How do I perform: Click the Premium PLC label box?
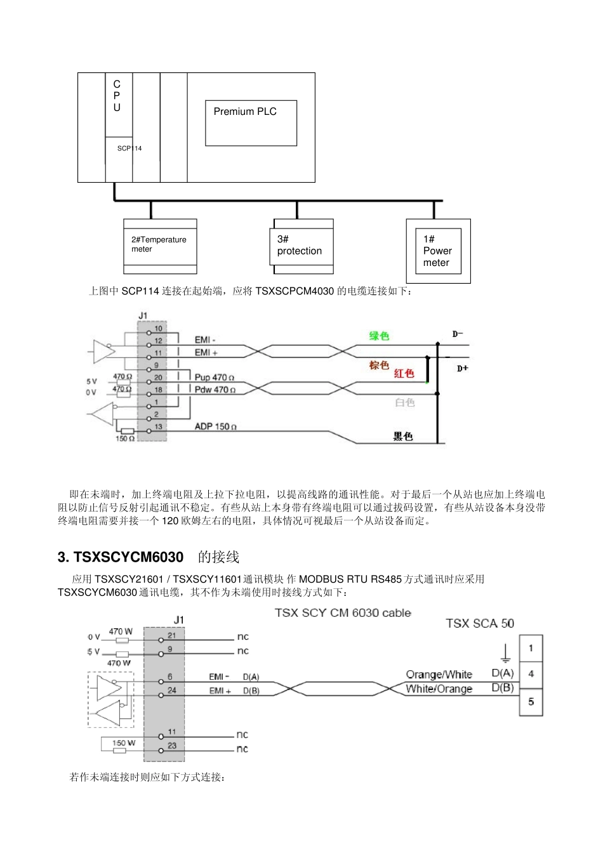pyautogui.click(x=251, y=122)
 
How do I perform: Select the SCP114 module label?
pyautogui.click(x=129, y=149)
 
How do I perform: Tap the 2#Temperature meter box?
pyautogui.click(x=160, y=246)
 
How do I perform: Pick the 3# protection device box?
pyautogui.click(x=303, y=246)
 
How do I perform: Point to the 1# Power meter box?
pyautogui.click(x=438, y=251)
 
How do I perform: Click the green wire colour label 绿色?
pyautogui.click(x=379, y=336)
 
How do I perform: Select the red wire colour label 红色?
pyautogui.click(x=404, y=373)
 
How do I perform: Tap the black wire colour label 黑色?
pyautogui.click(x=403, y=436)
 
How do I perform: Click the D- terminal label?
pyautogui.click(x=458, y=334)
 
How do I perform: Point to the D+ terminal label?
pyautogui.click(x=463, y=368)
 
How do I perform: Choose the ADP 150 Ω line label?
pyautogui.click(x=216, y=426)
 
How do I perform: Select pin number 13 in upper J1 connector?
pyautogui.click(x=158, y=426)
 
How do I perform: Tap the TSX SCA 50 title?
pyautogui.click(x=480, y=623)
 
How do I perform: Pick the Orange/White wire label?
pyautogui.click(x=439, y=674)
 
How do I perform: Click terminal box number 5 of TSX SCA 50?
pyautogui.click(x=531, y=702)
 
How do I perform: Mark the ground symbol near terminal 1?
pyautogui.click(x=505, y=654)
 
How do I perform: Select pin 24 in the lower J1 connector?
pyautogui.click(x=172, y=690)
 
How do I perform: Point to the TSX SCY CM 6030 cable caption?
pyautogui.click(x=343, y=612)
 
